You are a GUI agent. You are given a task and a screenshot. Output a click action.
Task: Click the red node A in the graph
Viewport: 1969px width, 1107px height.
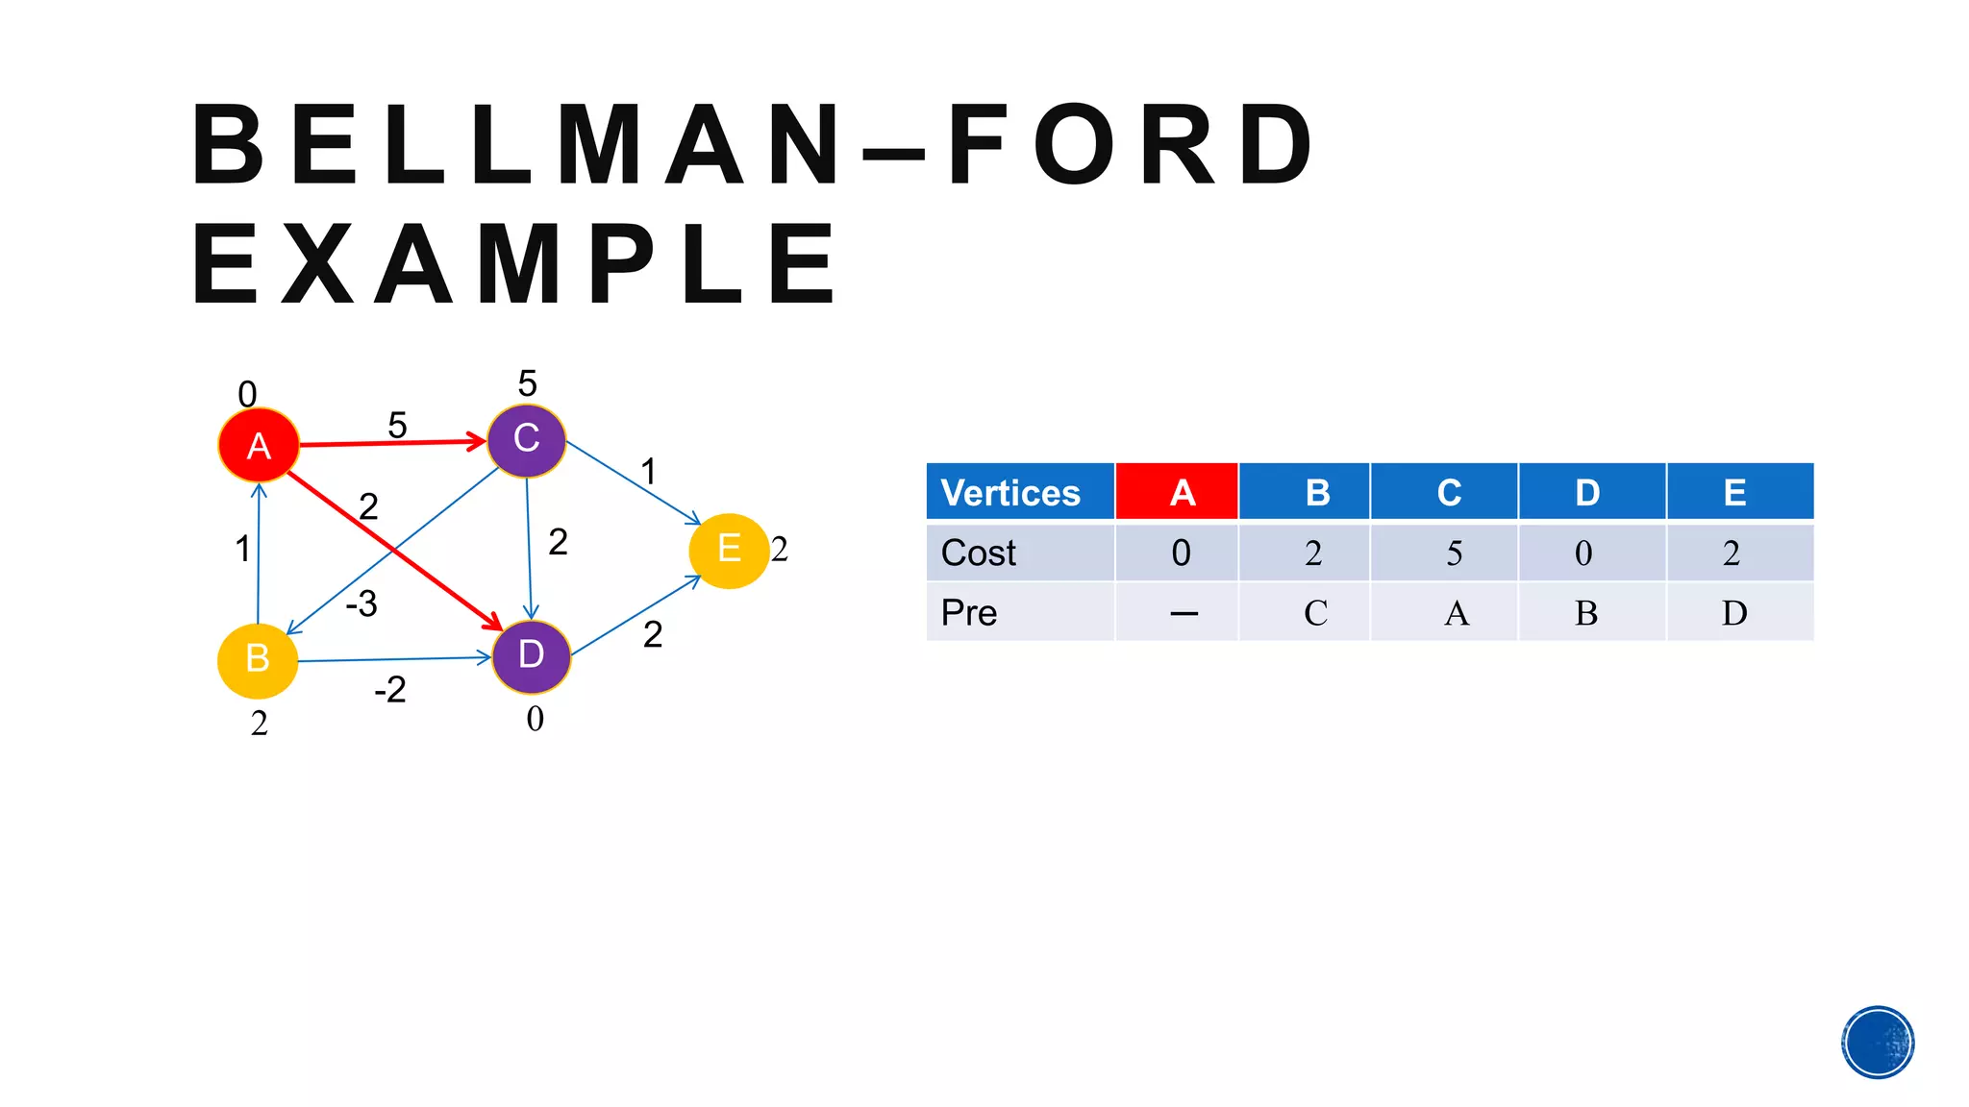pos(258,445)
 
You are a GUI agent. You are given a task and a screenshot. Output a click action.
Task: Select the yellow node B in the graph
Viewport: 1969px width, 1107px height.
pos(258,660)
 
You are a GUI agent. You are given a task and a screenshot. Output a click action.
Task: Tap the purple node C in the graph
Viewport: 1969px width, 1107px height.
pos(526,439)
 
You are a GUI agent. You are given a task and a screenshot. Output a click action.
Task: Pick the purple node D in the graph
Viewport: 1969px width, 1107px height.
pos(531,656)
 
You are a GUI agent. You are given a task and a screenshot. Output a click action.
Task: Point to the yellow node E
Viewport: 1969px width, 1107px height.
pos(729,550)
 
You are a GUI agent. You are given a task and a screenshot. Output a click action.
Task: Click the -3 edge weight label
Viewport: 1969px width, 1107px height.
pos(361,603)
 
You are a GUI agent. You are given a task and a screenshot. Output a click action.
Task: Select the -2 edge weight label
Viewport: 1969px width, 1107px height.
pos(390,689)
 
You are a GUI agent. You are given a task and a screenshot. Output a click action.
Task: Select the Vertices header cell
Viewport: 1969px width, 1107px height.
pos(1019,492)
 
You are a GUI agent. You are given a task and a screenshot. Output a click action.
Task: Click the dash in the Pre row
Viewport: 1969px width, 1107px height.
pos(1184,613)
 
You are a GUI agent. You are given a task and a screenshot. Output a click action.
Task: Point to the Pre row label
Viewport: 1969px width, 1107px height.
pos(969,612)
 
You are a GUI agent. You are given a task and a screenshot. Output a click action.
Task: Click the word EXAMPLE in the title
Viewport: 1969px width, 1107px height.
pos(515,264)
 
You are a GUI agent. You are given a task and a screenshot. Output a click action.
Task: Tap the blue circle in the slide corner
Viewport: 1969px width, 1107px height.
pos(1878,1042)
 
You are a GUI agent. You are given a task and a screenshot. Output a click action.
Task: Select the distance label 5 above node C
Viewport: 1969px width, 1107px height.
pos(527,383)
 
